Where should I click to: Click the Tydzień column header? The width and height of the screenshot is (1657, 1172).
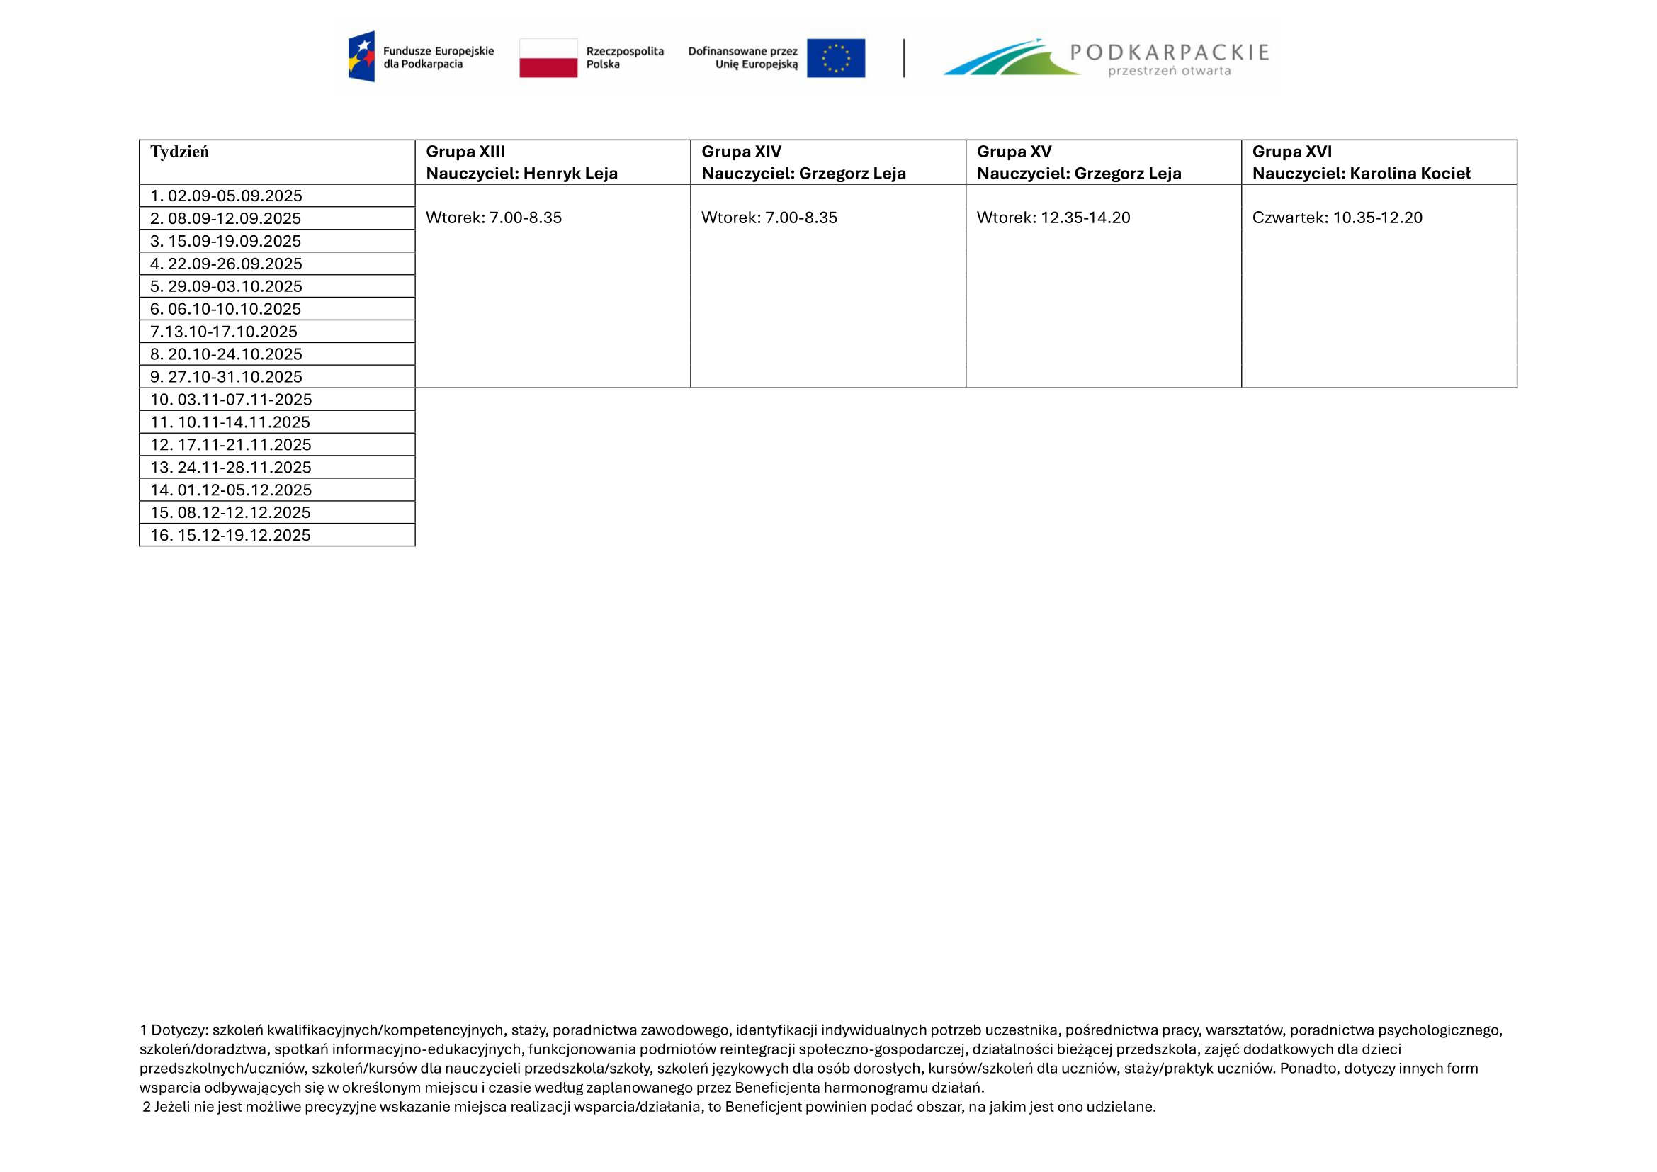tap(180, 152)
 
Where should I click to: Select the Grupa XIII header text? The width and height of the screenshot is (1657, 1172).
tap(465, 152)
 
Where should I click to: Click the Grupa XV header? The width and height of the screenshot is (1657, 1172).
tap(1014, 152)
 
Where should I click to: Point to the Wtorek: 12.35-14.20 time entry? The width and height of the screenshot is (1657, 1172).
tap(1053, 218)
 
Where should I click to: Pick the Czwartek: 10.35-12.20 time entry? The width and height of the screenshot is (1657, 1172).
tap(1337, 218)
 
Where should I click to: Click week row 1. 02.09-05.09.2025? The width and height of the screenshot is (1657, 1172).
tap(226, 196)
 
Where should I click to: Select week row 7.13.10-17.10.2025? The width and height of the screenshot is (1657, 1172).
tap(224, 332)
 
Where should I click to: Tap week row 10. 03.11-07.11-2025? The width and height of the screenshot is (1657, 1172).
tap(231, 400)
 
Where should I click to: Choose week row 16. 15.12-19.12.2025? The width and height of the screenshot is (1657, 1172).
tap(230, 536)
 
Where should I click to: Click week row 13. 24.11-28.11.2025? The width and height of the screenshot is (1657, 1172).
tap(230, 468)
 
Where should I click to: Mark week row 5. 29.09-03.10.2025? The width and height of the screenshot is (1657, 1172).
tap(226, 286)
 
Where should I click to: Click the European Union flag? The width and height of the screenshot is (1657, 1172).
tap(836, 57)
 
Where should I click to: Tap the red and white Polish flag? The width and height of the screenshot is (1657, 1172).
tap(548, 57)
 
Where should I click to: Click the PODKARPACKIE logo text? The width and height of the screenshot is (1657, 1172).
tap(1169, 52)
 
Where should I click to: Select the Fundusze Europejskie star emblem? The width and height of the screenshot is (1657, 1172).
tap(361, 56)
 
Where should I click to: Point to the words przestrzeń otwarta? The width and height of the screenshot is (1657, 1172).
tap(1169, 72)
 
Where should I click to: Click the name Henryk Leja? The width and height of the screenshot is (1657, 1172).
tap(570, 173)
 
